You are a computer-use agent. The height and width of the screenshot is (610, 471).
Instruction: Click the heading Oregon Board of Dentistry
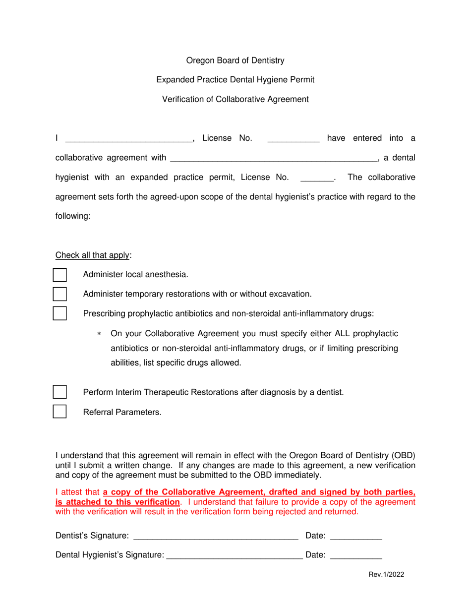pos(235,61)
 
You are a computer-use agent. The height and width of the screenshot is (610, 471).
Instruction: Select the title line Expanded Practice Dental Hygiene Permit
pos(235,80)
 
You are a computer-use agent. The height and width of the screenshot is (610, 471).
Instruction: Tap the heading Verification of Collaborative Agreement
pos(235,99)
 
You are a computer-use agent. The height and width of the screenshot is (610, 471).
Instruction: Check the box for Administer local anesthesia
pos(59,275)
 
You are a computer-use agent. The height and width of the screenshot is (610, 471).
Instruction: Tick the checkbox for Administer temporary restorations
pos(59,294)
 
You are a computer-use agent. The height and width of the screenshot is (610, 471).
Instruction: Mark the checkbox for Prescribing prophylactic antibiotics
pos(59,313)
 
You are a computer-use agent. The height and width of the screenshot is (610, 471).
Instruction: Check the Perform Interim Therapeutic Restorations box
pos(59,392)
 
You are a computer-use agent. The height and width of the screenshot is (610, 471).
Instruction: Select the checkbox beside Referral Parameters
pos(59,412)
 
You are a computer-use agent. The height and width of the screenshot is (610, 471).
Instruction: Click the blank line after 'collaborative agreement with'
pos(273,158)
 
